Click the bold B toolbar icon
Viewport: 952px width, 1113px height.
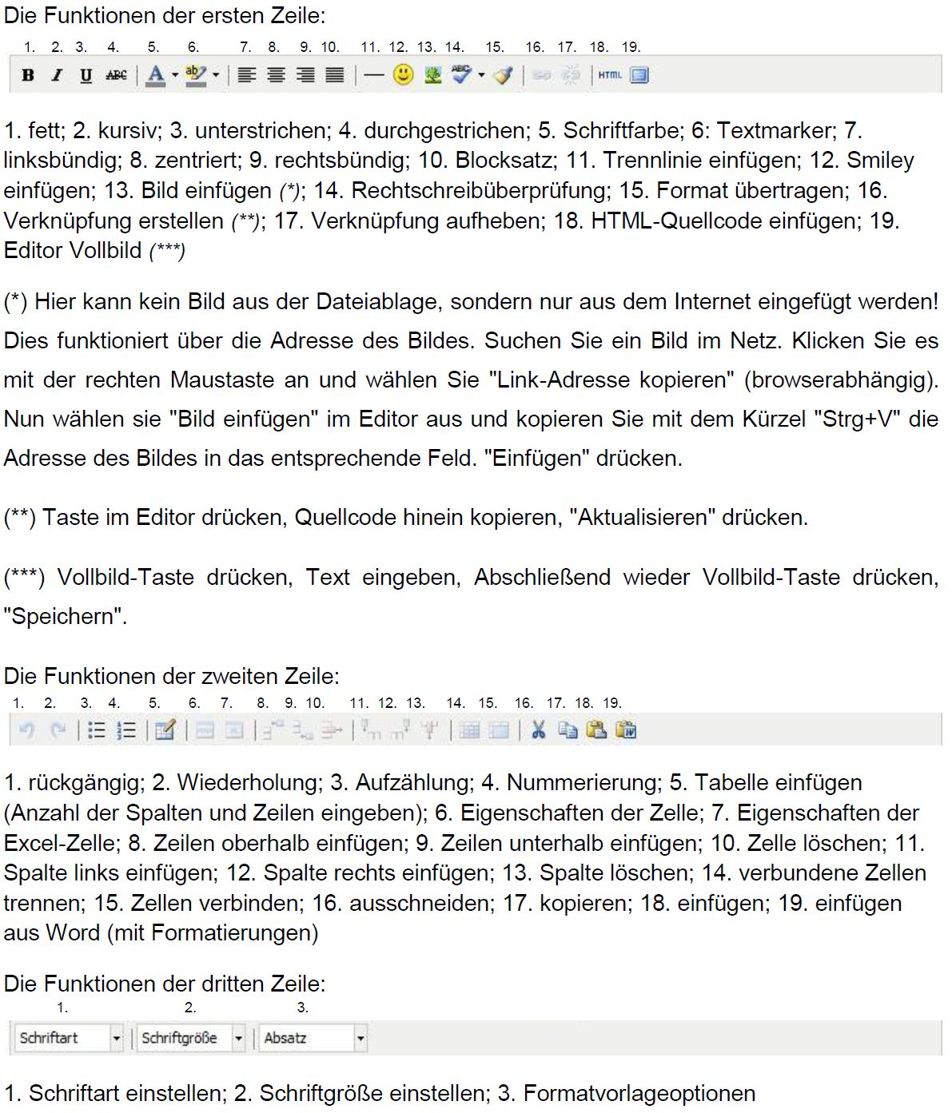[28, 75]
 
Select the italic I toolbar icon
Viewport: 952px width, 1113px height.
[57, 75]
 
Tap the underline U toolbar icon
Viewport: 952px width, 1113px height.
[86, 75]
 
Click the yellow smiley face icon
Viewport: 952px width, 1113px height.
[404, 75]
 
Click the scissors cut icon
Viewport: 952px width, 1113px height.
[538, 729]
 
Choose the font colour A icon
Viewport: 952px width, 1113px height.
[156, 75]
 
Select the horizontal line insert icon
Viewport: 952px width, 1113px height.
[373, 75]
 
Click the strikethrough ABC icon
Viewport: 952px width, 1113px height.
[116, 75]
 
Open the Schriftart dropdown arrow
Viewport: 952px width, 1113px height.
[117, 1038]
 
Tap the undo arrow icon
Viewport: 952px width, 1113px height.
[26, 729]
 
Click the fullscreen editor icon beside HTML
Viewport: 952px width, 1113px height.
[639, 75]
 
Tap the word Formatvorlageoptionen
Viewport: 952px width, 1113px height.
[639, 1093]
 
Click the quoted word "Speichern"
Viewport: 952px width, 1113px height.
[65, 617]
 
